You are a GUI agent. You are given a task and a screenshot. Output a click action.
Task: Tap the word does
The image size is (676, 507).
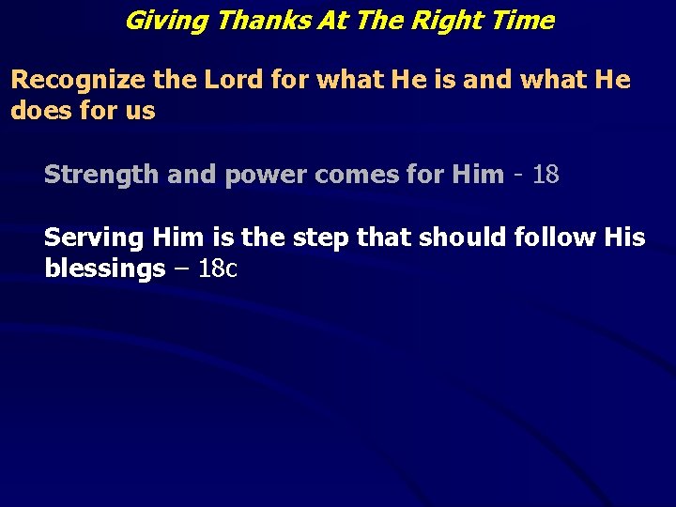pos(38,111)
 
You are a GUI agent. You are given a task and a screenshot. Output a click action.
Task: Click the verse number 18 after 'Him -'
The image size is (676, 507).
pos(545,175)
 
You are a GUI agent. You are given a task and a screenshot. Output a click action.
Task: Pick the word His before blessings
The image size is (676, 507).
pos(626,238)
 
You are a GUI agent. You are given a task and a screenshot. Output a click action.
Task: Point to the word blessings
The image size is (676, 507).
pos(105,269)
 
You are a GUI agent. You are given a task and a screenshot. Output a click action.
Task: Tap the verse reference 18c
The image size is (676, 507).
pos(219,269)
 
